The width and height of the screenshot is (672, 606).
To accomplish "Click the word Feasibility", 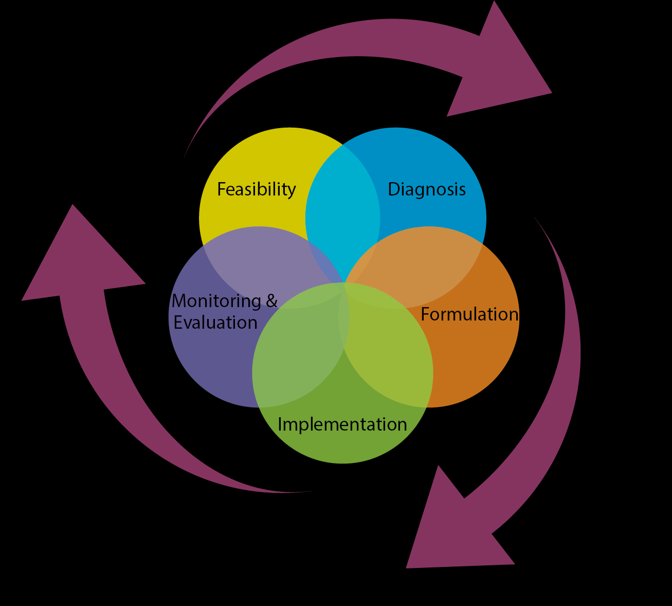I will pyautogui.click(x=256, y=190).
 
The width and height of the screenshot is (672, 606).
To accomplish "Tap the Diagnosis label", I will pyautogui.click(x=426, y=189).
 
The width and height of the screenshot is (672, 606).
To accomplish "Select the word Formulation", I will pyautogui.click(x=469, y=314).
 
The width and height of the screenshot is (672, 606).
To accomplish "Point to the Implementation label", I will pyautogui.click(x=342, y=424).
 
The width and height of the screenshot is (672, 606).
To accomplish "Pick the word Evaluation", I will pyautogui.click(x=215, y=323).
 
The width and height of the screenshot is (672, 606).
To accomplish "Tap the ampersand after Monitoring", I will pyautogui.click(x=271, y=300).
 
